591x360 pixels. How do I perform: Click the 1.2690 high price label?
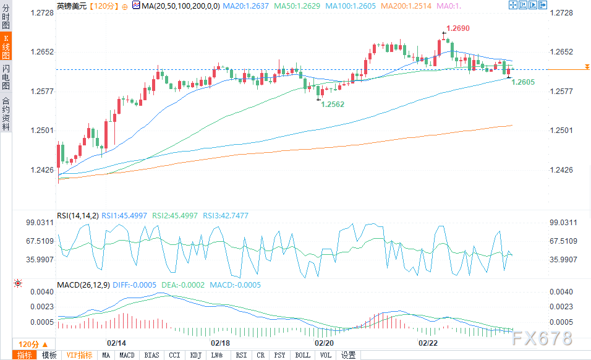click(x=458, y=28)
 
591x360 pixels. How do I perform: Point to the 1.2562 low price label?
click(x=333, y=105)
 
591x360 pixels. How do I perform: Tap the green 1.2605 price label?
click(x=523, y=82)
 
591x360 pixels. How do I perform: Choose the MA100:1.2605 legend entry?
click(x=353, y=6)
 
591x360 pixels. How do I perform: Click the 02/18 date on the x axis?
click(x=221, y=342)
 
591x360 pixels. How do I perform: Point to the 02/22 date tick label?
click(x=428, y=342)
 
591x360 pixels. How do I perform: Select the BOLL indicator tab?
click(x=302, y=355)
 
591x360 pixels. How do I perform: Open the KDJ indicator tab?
click(x=195, y=355)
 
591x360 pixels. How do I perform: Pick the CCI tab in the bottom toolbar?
click(x=175, y=355)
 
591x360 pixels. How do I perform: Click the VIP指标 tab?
click(x=79, y=355)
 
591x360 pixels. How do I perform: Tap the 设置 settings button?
click(x=349, y=355)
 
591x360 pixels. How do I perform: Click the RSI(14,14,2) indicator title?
click(x=77, y=216)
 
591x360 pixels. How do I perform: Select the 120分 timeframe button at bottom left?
click(x=32, y=344)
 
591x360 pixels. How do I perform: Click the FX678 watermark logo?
click(x=542, y=338)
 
